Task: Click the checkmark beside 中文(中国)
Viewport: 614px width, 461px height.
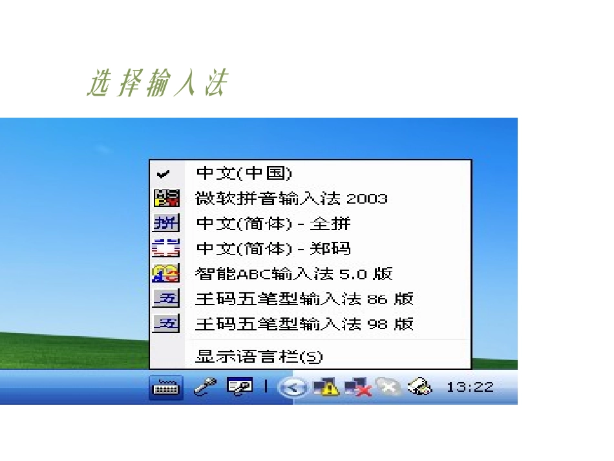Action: [164, 174]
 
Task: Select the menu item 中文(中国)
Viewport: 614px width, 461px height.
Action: [244, 173]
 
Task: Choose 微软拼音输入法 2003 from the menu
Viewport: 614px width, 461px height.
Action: [291, 198]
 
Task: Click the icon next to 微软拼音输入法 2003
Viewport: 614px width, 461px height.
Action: [165, 198]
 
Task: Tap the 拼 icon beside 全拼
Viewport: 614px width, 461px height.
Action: [165, 224]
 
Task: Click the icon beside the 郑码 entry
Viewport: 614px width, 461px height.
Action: [165, 249]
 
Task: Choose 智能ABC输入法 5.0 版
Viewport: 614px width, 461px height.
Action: [293, 273]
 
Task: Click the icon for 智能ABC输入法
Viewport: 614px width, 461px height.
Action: [165, 273]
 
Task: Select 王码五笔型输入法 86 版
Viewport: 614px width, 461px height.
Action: [304, 299]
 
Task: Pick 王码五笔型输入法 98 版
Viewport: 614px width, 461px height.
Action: [304, 323]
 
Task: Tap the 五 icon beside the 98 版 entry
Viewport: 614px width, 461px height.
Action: [165, 323]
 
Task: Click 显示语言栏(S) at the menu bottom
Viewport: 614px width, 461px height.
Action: [259, 356]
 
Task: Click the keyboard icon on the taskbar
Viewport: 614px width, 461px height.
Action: [165, 388]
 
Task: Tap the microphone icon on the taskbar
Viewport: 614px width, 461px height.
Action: [205, 387]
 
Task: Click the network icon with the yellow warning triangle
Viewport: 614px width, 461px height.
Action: [325, 387]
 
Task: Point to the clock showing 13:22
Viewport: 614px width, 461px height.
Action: [470, 387]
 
